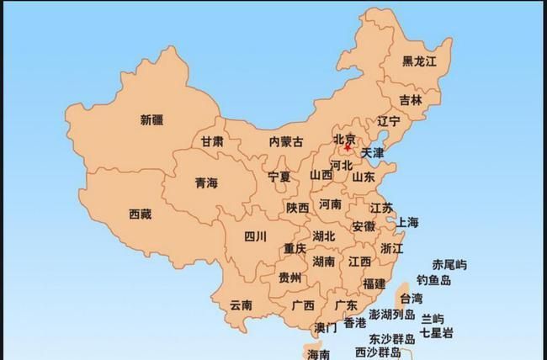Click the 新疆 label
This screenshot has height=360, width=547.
tap(152, 120)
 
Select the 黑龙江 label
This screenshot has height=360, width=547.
tap(419, 61)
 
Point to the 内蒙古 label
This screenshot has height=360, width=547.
tap(285, 142)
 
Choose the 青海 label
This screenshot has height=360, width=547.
tap(206, 182)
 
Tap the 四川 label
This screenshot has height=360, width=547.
tap(255, 236)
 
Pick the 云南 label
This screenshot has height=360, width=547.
tap(241, 304)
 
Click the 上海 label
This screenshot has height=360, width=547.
tap(407, 222)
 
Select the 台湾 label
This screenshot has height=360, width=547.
tap(412, 298)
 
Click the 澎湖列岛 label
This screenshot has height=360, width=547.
tap(392, 315)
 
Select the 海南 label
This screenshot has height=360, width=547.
tap(319, 354)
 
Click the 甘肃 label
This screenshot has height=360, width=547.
tap(212, 141)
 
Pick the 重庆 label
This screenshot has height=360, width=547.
tap(295, 248)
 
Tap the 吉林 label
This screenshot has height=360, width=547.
tap(411, 98)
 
